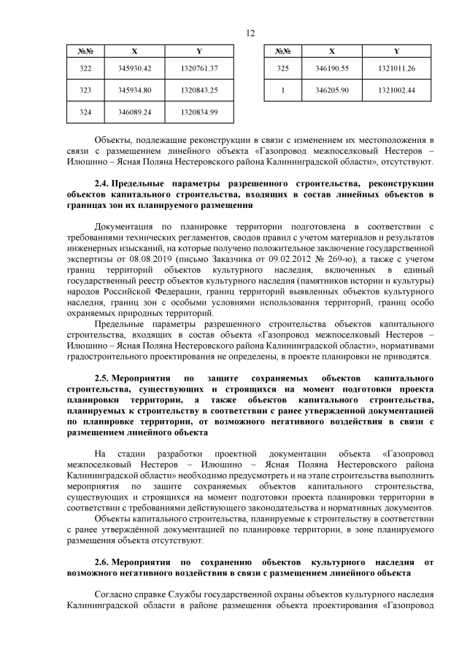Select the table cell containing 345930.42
pos(134,68)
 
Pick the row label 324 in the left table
pos(85,112)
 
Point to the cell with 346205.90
pos(332,90)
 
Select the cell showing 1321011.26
pos(397,68)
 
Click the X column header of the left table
pos(134,51)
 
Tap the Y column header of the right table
pos(397,51)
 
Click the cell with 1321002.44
pos(397,90)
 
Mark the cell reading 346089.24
pos(134,112)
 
